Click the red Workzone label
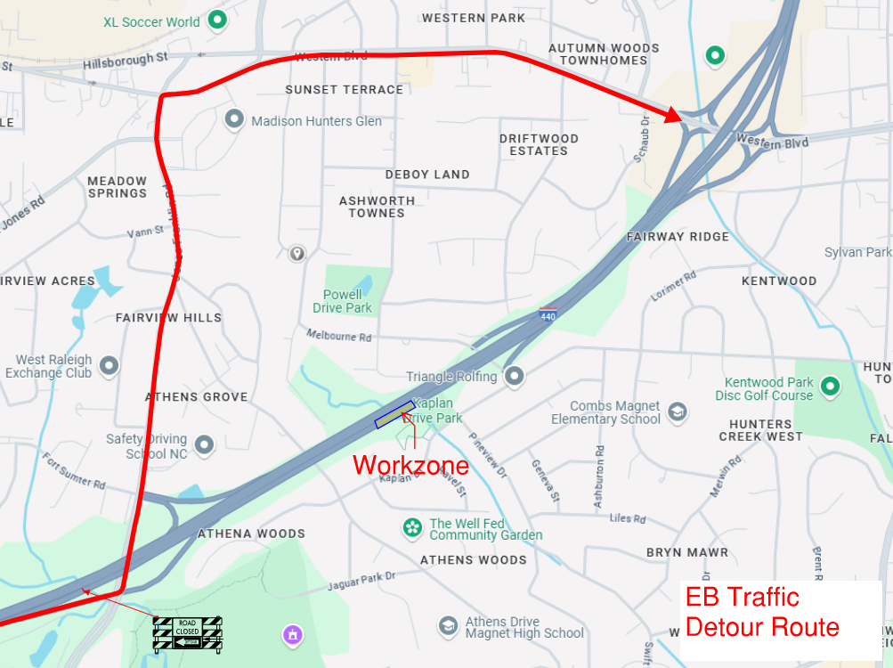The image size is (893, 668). (x=410, y=464)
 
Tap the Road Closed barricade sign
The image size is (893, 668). (x=187, y=632)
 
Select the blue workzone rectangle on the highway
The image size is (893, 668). (x=394, y=415)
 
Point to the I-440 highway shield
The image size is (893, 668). (x=548, y=314)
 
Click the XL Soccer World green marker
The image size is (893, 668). (x=215, y=19)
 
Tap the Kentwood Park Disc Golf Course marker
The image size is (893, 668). (x=831, y=387)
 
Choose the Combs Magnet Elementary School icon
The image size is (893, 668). (x=678, y=411)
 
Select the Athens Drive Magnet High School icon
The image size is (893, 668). (x=448, y=627)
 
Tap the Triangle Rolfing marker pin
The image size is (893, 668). (x=514, y=376)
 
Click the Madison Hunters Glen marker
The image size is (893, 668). (x=235, y=118)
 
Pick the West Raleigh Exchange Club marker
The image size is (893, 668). (x=109, y=365)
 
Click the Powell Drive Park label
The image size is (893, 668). (x=343, y=301)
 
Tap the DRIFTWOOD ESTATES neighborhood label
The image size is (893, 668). (x=539, y=144)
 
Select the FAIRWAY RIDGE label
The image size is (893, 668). (x=678, y=237)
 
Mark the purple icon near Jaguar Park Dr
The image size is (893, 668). (x=292, y=635)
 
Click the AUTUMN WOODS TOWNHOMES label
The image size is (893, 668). (x=604, y=54)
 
